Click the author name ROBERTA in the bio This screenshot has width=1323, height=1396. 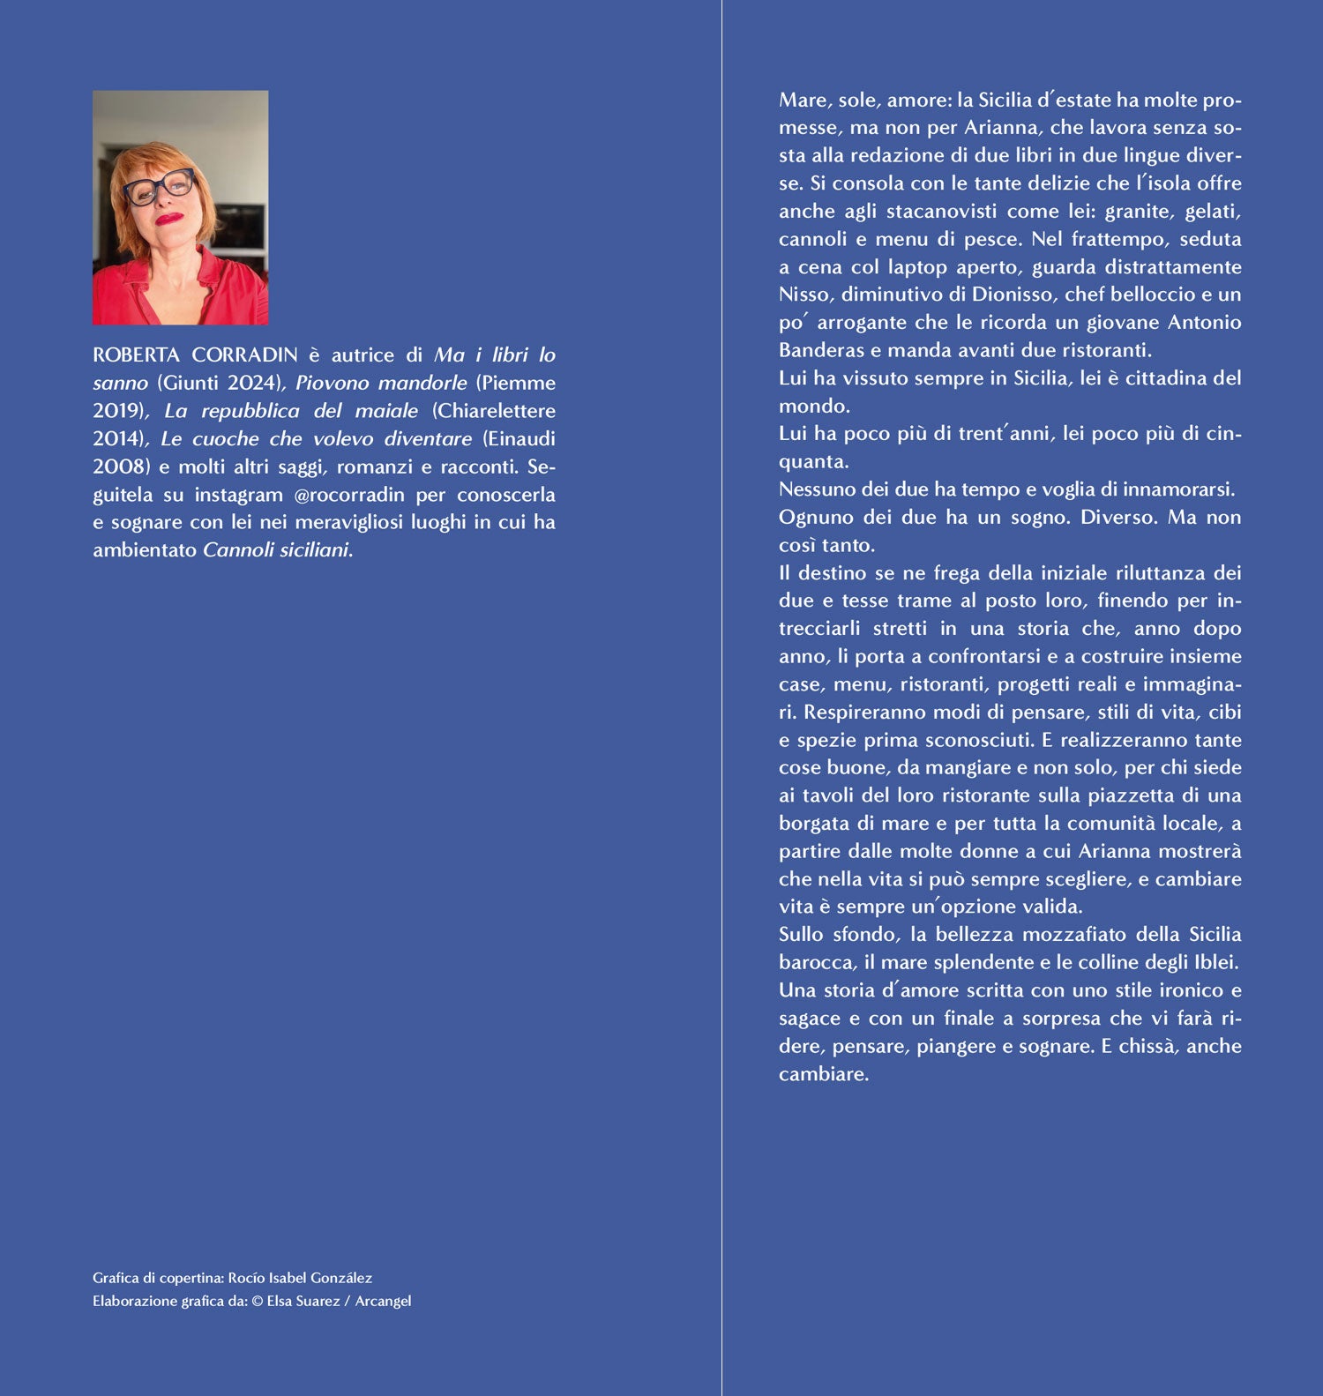tap(136, 355)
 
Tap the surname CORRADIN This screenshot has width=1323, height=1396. tap(245, 355)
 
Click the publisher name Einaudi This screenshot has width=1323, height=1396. tap(519, 439)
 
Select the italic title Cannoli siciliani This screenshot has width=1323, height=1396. tap(277, 550)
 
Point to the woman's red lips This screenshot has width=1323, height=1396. tap(168, 218)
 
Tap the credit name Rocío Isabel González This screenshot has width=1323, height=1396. tap(300, 1278)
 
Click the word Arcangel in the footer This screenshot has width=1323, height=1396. tap(383, 1301)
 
